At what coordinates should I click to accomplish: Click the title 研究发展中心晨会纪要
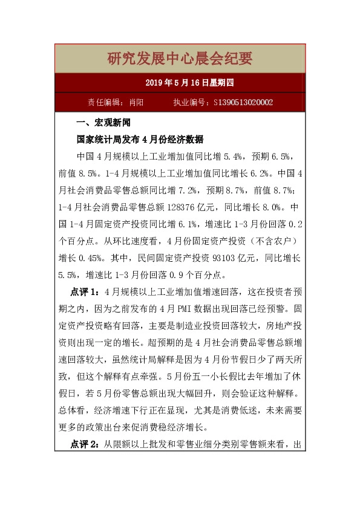pos(180,59)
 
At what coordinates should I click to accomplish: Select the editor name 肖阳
pos(136,103)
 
